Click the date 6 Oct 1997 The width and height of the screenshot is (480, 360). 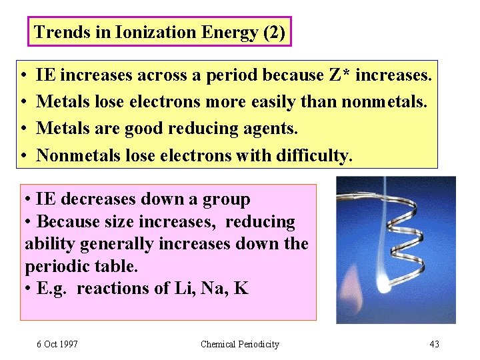pyautogui.click(x=57, y=344)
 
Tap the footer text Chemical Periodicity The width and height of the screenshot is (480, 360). pyautogui.click(x=239, y=344)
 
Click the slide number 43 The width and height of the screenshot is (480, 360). pyautogui.click(x=435, y=344)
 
